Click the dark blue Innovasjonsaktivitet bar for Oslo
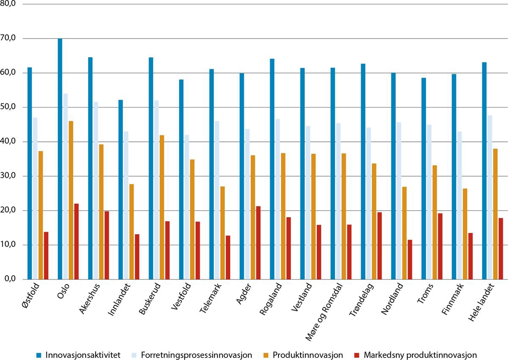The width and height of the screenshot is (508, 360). point(60,159)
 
